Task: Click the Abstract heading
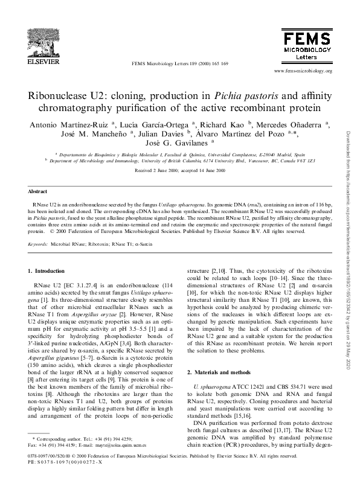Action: [x=38, y=191]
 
